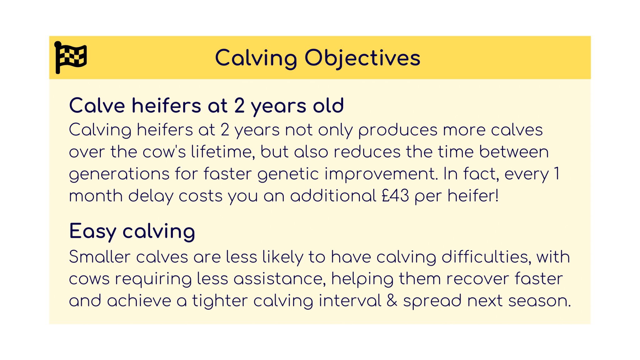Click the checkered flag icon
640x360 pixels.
[71, 57]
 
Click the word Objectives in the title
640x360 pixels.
[362, 58]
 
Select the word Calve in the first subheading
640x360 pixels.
[97, 106]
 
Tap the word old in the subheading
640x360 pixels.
[328, 106]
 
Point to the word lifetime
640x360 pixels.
[222, 152]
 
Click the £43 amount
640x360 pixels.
[395, 196]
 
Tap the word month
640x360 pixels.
[96, 196]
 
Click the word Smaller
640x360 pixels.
[100, 257]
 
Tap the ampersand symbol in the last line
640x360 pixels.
[392, 301]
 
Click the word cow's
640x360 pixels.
[164, 152]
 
